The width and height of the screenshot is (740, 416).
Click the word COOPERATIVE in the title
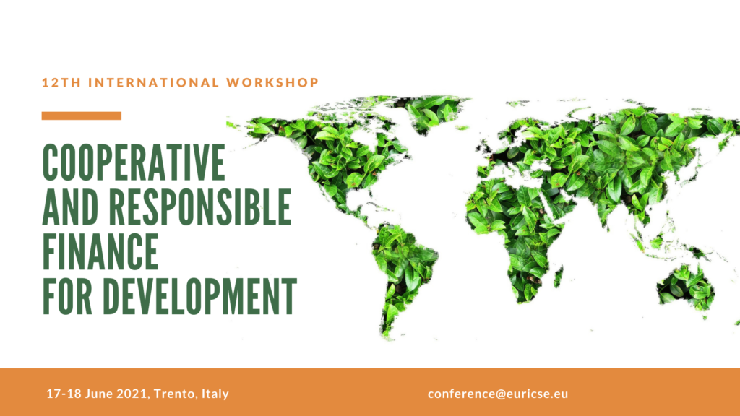[134, 162]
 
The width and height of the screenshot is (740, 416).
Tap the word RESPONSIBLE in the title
[201, 207]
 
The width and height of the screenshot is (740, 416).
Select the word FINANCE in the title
[100, 251]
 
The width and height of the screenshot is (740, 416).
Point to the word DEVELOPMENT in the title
[200, 296]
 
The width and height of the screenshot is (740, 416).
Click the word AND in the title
[71, 207]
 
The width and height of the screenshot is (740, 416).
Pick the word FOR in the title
[67, 296]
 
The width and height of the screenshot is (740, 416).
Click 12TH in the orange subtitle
[61, 82]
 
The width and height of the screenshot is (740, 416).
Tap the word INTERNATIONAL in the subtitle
[154, 82]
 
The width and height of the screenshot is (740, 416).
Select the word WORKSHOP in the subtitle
[272, 82]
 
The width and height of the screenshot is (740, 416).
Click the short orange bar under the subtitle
[81, 116]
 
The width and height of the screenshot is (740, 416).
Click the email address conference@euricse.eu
[498, 394]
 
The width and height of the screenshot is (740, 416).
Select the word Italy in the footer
[215, 394]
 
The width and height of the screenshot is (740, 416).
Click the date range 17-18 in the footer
[64, 394]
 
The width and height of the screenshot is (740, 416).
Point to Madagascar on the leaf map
[559, 277]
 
